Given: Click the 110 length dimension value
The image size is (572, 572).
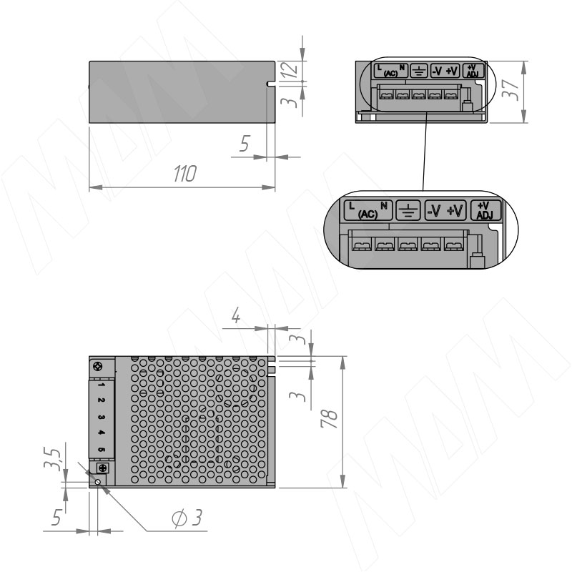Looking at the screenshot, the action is point(185,174).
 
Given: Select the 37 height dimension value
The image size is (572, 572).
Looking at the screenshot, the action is point(511,89).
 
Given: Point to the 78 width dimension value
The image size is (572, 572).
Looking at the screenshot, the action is point(329,418).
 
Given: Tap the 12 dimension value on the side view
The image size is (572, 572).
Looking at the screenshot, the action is point(290,69).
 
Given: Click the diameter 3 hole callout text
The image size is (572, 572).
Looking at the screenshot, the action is point(187,518).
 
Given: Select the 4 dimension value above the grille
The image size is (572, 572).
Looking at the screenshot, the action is point(236,315).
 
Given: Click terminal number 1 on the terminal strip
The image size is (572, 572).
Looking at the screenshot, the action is point(102,385).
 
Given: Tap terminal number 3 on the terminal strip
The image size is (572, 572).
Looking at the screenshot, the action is point(102,417).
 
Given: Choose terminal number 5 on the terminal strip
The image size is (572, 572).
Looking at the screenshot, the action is point(102,450).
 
